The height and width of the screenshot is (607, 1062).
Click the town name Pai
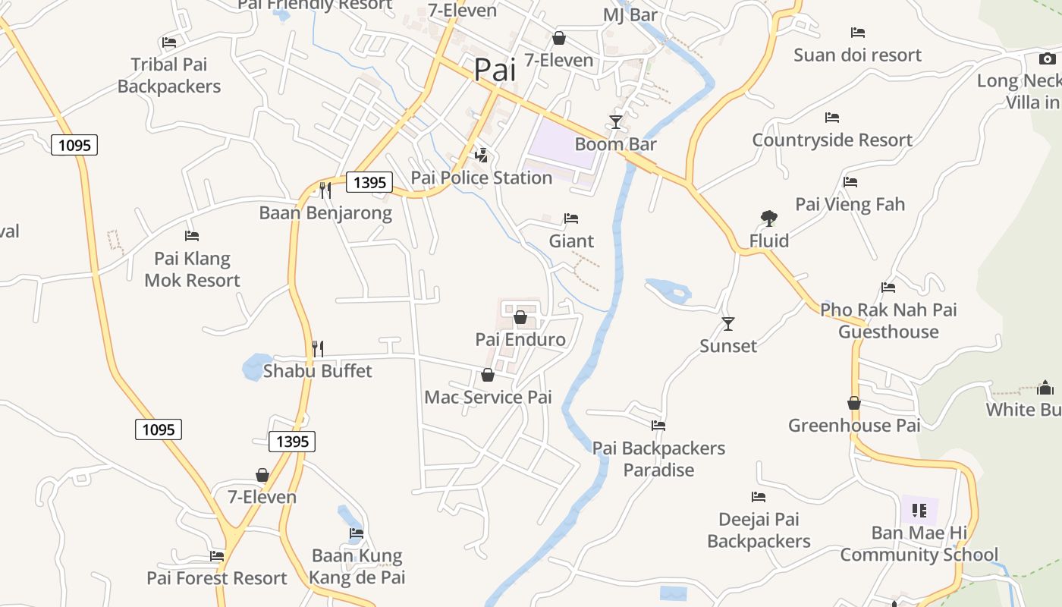coord(495,70)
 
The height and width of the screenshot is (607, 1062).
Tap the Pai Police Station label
coord(481,178)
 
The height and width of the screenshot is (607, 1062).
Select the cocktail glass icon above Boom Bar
coord(616,122)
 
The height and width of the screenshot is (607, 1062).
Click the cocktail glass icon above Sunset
coord(728,324)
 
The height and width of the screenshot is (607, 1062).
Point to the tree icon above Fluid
coord(769,219)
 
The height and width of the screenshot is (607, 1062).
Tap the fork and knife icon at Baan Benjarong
coord(325,190)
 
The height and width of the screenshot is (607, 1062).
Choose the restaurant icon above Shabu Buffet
coord(318,349)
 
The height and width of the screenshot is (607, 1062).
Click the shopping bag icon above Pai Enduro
coord(520,317)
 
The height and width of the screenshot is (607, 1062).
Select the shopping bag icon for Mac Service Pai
coord(488,375)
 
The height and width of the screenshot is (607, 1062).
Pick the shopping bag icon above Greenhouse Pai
coord(854,403)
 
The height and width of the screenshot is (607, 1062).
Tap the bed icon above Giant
coord(571,219)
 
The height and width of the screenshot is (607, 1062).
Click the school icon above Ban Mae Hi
coord(919,511)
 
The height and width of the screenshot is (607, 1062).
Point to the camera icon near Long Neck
coord(1047,58)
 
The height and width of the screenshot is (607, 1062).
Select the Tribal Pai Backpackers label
coord(169,75)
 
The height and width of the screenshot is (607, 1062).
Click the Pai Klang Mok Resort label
coord(192,269)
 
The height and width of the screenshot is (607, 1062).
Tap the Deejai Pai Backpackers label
coord(759,530)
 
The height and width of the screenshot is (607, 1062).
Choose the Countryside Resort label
coord(832,140)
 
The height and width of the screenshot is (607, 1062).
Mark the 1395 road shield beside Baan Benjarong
coord(370,182)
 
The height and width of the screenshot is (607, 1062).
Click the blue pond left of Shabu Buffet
coord(256,367)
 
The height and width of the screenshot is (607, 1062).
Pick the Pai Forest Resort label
coord(217,578)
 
